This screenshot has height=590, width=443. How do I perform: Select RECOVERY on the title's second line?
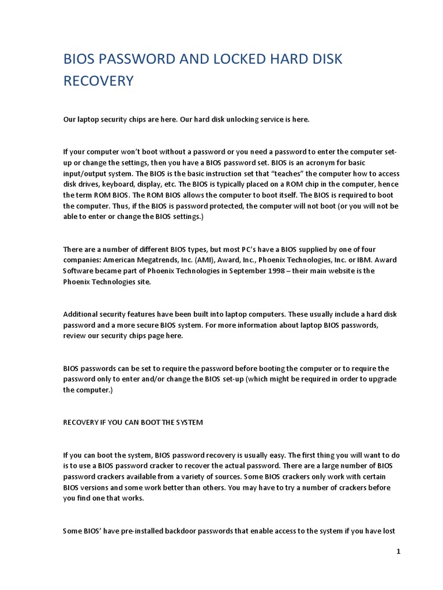98,81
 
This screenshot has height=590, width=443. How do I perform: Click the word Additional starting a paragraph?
81,314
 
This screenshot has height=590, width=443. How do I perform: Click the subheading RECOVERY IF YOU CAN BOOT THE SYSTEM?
133,422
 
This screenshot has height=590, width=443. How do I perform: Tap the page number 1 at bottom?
398,551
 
